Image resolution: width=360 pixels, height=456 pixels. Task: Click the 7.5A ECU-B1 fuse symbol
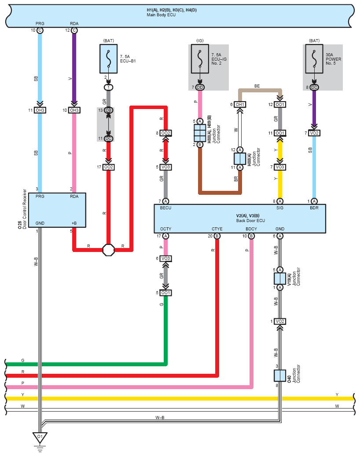109,59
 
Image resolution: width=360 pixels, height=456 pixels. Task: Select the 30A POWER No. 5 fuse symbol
314,59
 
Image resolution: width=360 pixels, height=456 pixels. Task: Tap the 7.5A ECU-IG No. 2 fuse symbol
200,59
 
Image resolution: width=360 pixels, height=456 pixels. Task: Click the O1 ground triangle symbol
40,438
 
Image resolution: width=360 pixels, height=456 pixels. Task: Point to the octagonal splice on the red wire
109,250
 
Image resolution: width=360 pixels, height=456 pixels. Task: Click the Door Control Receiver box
57,210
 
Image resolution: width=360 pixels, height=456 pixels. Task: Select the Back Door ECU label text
250,221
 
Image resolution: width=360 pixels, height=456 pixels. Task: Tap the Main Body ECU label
161,15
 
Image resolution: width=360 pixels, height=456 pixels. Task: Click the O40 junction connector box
279,376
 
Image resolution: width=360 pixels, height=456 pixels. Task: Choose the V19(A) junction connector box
279,279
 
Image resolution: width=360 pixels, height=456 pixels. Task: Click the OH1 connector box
240,104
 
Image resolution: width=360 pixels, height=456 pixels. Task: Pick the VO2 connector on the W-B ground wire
279,321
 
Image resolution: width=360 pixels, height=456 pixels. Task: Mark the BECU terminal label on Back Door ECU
165,208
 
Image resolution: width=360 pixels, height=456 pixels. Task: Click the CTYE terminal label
217,229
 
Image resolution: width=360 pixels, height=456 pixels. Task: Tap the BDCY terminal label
251,229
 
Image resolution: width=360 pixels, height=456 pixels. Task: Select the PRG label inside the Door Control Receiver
40,196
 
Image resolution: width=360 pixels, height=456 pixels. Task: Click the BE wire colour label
257,86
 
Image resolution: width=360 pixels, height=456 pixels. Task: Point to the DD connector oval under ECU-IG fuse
200,87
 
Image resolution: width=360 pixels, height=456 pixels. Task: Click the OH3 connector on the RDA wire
74,110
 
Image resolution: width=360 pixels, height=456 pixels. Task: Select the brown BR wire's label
236,179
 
